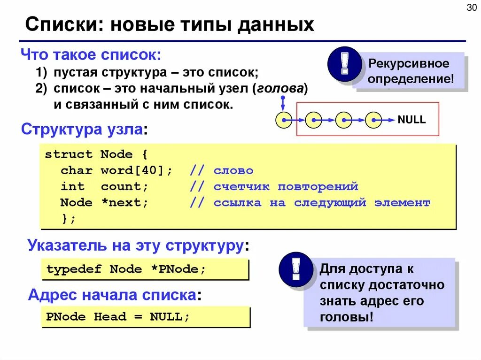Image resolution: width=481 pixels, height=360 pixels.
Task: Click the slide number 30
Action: pos(470,8)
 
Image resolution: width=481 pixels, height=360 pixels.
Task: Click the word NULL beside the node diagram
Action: pos(411,120)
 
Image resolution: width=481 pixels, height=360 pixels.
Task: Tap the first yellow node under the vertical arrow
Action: pos(283,121)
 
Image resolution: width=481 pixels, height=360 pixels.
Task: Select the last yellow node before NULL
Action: pos(373,121)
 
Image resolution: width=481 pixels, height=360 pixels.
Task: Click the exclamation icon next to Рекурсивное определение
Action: pos(345,65)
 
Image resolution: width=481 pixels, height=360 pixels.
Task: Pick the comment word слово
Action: pos(233,170)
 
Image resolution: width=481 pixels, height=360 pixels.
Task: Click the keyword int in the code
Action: pos(72,186)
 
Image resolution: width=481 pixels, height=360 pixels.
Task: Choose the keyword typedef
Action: pos(74,269)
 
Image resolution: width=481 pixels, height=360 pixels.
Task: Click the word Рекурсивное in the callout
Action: pos(409,63)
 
